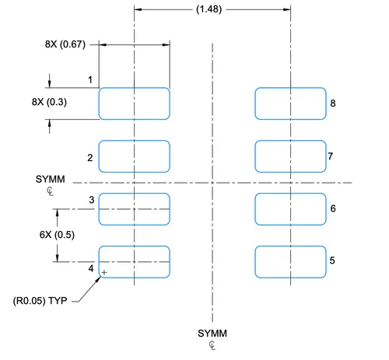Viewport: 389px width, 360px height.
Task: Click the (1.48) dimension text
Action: pyautogui.click(x=209, y=9)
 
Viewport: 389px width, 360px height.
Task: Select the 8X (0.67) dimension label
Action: pyautogui.click(x=65, y=44)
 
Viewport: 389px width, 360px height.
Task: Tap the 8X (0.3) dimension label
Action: pyautogui.click(x=49, y=102)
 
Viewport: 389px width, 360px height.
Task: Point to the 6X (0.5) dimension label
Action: pyautogui.click(x=57, y=235)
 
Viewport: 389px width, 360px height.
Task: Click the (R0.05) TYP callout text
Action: pyautogui.click(x=40, y=301)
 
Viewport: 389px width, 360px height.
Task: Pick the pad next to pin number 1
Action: pyautogui.click(x=135, y=103)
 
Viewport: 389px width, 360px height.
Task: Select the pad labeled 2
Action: pyautogui.click(x=135, y=156)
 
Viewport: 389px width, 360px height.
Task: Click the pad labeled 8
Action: pyautogui.click(x=290, y=103)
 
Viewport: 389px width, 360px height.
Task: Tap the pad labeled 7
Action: pyautogui.click(x=290, y=156)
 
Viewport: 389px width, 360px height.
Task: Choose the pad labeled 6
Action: pyautogui.click(x=290, y=209)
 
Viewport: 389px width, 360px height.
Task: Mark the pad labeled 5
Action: pyautogui.click(x=290, y=262)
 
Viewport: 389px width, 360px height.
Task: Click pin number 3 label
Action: pyautogui.click(x=92, y=200)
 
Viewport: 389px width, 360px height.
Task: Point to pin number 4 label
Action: pyautogui.click(x=91, y=268)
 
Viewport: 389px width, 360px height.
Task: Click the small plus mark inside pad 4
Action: pyautogui.click(x=104, y=272)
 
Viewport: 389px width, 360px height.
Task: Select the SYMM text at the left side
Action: pyautogui.click(x=51, y=179)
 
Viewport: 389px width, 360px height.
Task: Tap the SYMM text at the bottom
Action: pyautogui.click(x=212, y=334)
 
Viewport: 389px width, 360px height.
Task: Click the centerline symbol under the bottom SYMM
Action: pyautogui.click(x=212, y=345)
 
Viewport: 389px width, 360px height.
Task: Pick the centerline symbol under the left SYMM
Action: pyautogui.click(x=50, y=191)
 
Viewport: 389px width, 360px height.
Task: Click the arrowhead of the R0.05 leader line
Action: pyautogui.click(x=99, y=278)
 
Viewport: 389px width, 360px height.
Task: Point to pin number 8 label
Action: pyautogui.click(x=333, y=103)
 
